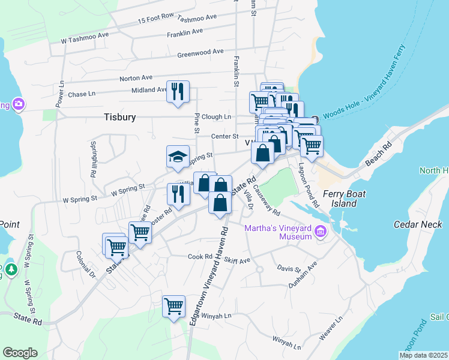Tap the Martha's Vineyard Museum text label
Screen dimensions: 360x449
coord(279,232)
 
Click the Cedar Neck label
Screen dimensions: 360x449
coord(417,224)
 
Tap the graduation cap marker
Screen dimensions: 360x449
coord(178,157)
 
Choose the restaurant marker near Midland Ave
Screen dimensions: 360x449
coord(178,92)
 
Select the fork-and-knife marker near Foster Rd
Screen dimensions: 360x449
coord(178,194)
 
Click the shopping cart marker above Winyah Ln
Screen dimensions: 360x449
coord(174,306)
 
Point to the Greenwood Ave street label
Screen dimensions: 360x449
coord(200,53)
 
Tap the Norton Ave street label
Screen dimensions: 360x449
coord(136,78)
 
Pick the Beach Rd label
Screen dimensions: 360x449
coord(378,154)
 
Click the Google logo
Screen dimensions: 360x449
coord(20,353)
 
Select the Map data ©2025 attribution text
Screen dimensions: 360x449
coord(423,355)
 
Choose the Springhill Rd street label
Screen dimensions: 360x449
coord(94,159)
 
